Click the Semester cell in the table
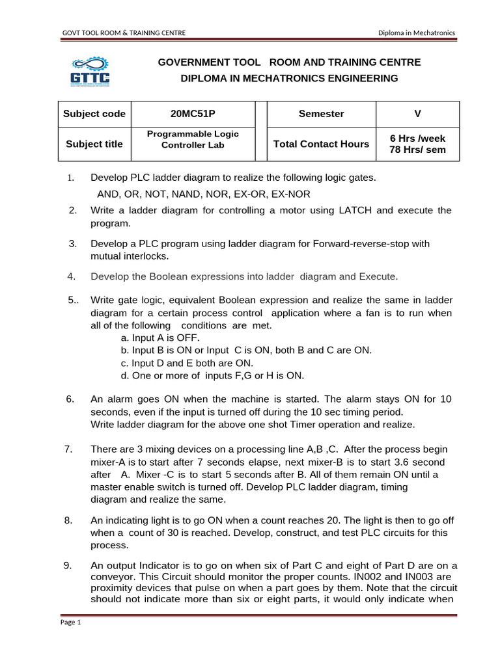(x=321, y=113)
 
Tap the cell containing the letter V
(x=417, y=113)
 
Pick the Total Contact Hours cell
(x=321, y=144)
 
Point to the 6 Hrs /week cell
(x=417, y=138)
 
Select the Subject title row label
(x=94, y=144)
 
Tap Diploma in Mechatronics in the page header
(x=417, y=33)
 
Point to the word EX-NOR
(x=291, y=194)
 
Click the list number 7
(x=68, y=449)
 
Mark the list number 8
(x=68, y=520)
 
